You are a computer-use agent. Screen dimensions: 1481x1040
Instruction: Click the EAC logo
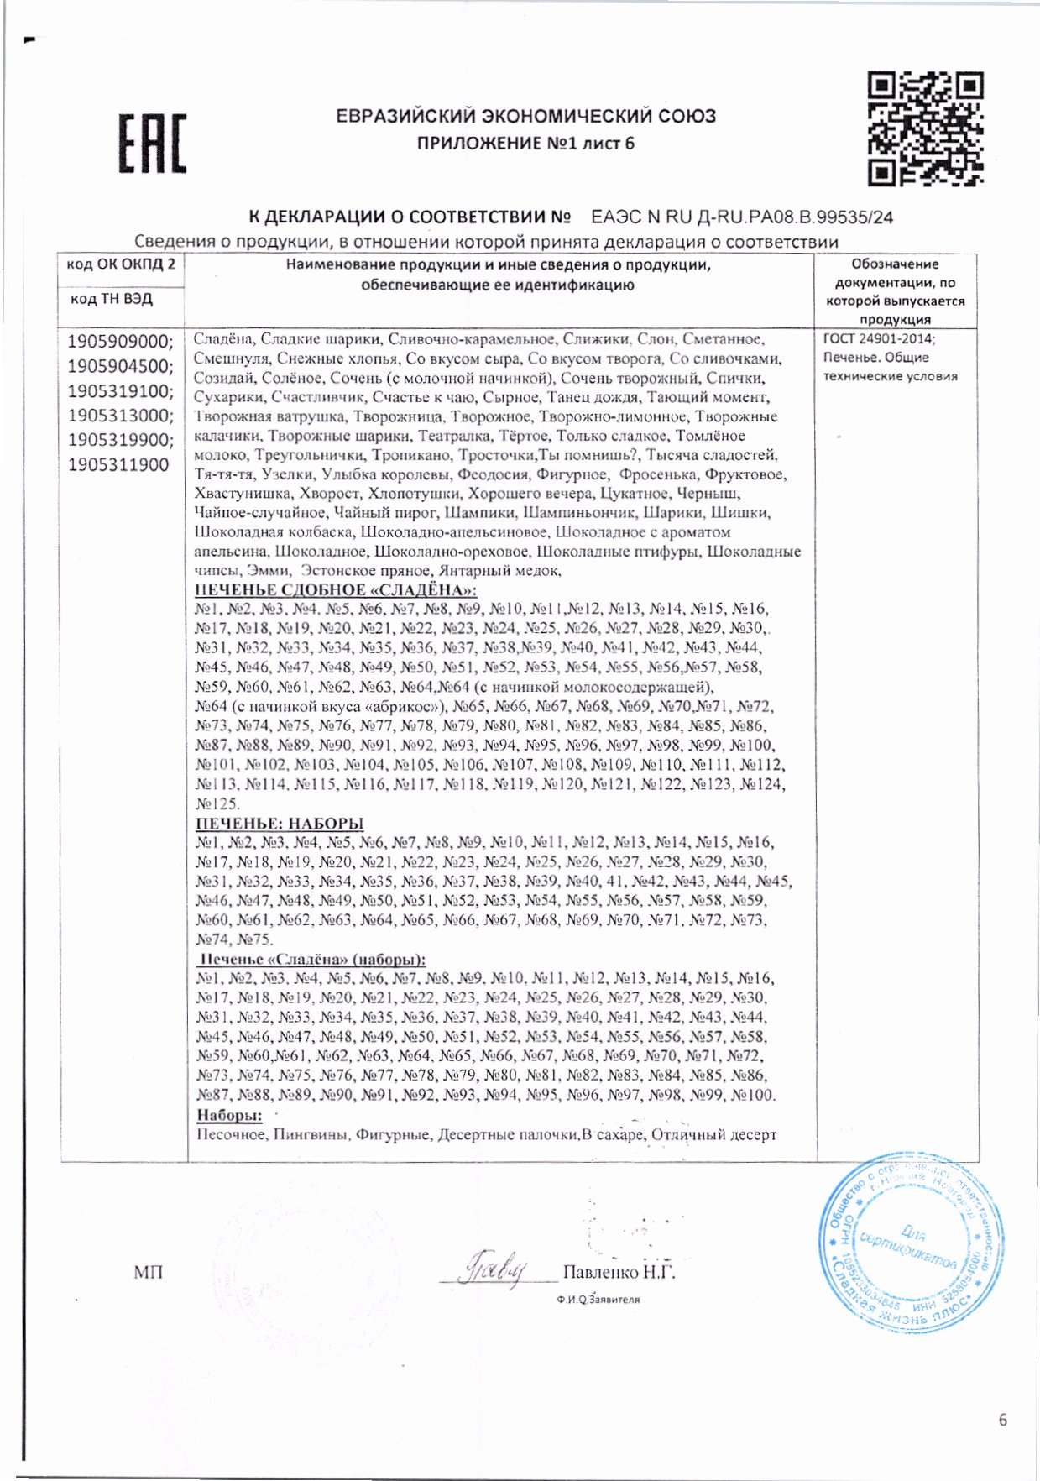152,144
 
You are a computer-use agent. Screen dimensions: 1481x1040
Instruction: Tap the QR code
925,128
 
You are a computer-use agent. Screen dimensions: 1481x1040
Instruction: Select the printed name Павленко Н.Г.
619,1272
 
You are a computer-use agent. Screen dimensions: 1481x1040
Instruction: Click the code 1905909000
120,342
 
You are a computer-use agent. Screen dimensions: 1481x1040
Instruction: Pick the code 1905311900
118,465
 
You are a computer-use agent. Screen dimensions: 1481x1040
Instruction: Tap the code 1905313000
120,416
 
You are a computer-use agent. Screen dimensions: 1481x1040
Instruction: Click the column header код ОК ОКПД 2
121,264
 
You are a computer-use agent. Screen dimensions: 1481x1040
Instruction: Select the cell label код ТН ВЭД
111,299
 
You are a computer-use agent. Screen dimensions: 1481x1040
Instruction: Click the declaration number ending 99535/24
742,217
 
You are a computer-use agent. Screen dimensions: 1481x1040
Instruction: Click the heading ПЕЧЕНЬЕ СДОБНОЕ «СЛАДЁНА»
336,589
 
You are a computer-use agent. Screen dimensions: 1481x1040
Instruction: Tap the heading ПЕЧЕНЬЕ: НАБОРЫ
280,823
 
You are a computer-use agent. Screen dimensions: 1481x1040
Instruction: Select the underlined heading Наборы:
229,1115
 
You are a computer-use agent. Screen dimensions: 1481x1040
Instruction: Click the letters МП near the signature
148,1273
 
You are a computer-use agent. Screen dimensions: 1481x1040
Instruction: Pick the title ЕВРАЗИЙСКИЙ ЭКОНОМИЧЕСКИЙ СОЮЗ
525,117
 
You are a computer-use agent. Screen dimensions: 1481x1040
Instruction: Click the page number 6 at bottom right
1002,1420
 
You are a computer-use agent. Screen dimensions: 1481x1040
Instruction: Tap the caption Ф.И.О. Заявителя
598,1299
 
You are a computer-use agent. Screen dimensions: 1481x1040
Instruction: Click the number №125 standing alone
217,803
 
